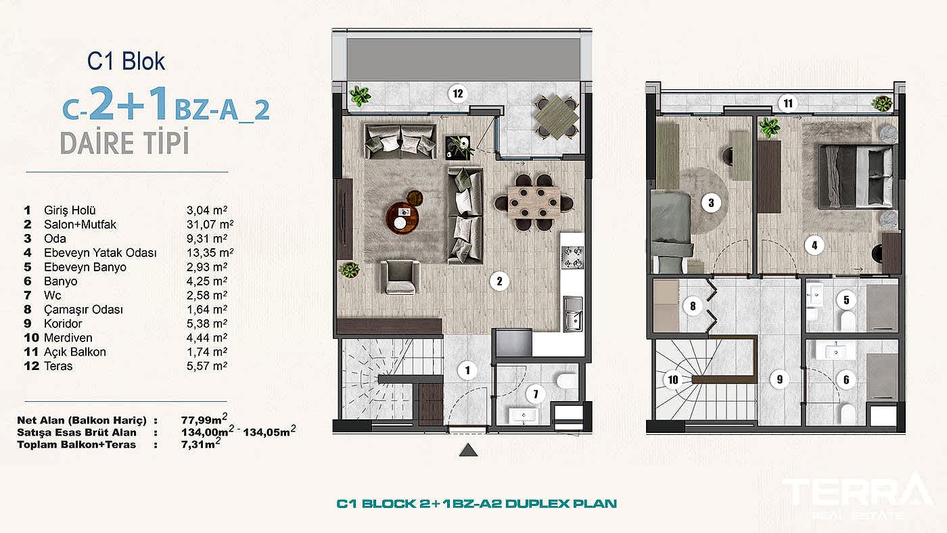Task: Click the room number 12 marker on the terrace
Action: coord(458,95)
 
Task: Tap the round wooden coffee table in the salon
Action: coord(404,216)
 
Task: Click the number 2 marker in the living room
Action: coord(499,281)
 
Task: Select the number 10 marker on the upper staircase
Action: coord(673,379)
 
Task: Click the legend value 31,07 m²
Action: coord(210,224)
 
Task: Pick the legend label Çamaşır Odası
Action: coord(83,310)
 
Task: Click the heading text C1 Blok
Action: coord(126,62)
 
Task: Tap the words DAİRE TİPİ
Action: coord(124,143)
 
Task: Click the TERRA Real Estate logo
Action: coord(856,497)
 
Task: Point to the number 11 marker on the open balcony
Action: coord(787,103)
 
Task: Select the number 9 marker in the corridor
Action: coord(779,380)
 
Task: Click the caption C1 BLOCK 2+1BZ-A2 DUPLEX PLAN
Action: coord(477,504)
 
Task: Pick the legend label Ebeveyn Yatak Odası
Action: coord(100,253)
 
